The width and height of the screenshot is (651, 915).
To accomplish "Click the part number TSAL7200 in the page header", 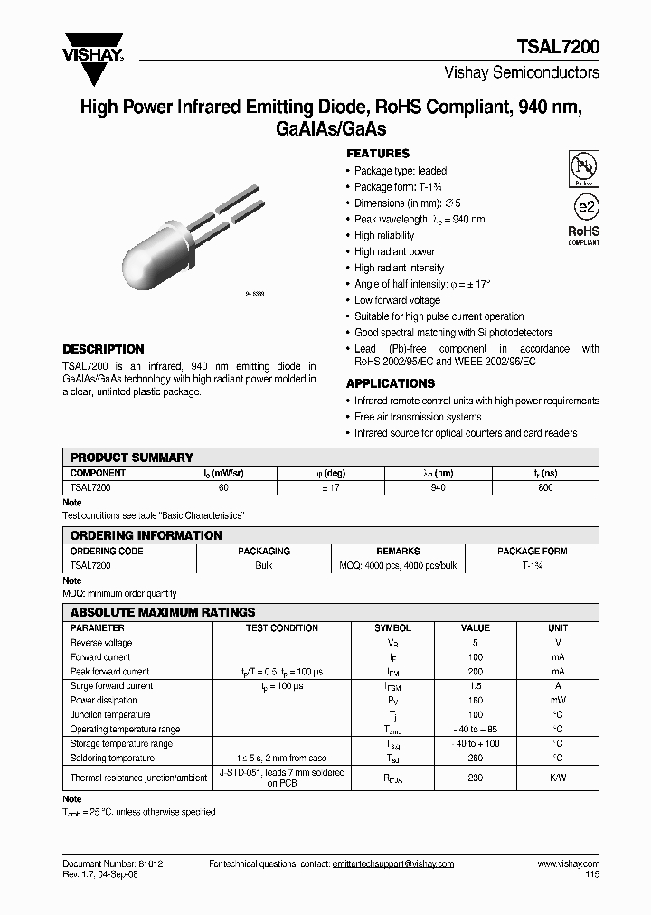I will click(556, 46).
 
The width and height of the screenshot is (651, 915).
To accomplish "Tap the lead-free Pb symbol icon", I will click(583, 167).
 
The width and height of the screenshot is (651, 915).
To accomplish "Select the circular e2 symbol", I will click(583, 205).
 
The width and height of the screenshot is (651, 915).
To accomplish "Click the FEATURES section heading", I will click(378, 154).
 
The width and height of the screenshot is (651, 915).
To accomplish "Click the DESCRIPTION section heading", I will click(103, 349).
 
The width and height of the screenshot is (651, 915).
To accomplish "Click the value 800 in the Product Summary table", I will click(544, 487).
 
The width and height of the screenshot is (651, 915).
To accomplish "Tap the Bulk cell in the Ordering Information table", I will click(264, 565).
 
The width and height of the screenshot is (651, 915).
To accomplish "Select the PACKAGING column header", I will click(264, 551).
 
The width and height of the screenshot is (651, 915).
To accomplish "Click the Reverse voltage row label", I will click(101, 643).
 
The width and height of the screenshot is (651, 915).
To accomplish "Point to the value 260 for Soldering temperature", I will click(475, 758).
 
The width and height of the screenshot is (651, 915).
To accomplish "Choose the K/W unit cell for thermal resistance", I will click(558, 778).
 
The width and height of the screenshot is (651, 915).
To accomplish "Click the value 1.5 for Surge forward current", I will click(475, 686).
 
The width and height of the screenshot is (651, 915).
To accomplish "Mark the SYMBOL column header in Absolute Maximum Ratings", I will click(392, 627).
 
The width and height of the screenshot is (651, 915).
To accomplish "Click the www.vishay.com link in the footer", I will click(568, 864).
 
